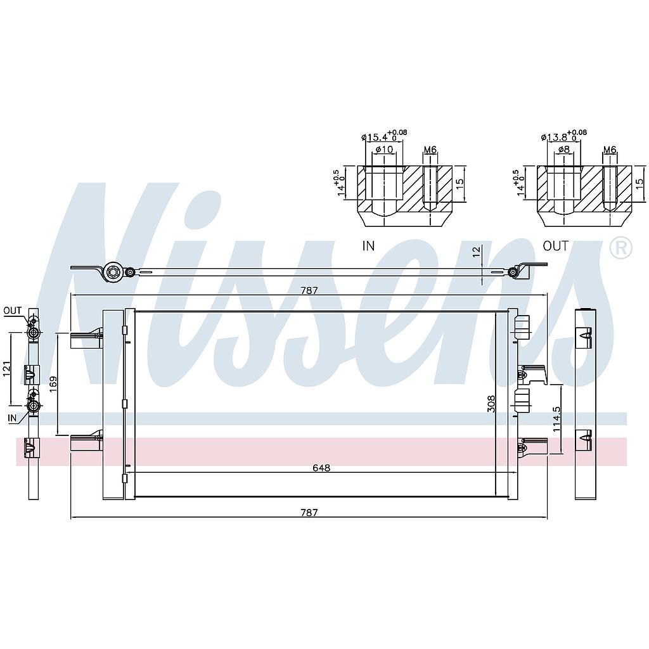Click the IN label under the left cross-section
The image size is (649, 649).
click(368, 246)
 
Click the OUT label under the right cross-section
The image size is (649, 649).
click(555, 246)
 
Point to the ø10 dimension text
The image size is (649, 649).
click(384, 150)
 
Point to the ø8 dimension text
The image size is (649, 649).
click(563, 150)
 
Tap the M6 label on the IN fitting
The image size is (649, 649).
click(430, 150)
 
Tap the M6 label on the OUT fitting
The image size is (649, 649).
click(610, 150)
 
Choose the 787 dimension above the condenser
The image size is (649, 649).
click(309, 290)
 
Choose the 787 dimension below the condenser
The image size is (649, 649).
click(309, 512)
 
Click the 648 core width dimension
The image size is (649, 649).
click(321, 468)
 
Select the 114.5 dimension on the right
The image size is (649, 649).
click(556, 420)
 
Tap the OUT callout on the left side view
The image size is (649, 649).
click(12, 311)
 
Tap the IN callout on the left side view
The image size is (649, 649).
click(12, 418)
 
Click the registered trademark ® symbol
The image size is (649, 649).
click(620, 248)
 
